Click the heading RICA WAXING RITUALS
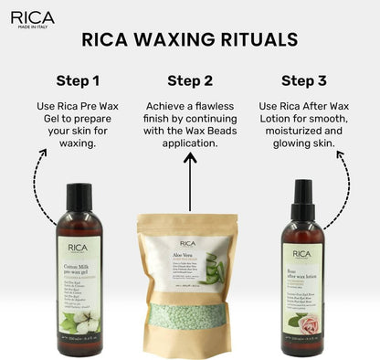pyautogui.click(x=189, y=39)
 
